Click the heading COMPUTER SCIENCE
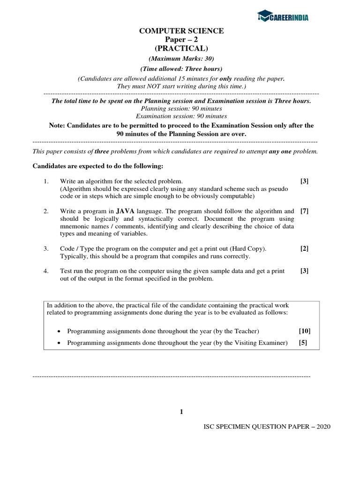pyautogui.click(x=181, y=31)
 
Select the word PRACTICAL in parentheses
pyautogui.click(x=181, y=48)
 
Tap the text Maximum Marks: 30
pyautogui.click(x=181, y=59)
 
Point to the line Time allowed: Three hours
pyautogui.click(x=181, y=69)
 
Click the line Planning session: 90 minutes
pyautogui.click(x=181, y=108)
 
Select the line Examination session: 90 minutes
pyautogui.click(x=181, y=116)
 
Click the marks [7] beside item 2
pyautogui.click(x=304, y=211)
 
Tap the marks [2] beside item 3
pyautogui.click(x=304, y=248)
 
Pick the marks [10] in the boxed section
pyautogui.click(x=304, y=331)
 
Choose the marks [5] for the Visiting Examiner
pyautogui.click(x=303, y=343)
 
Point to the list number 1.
pyautogui.click(x=46, y=181)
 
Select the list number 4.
pyautogui.click(x=46, y=271)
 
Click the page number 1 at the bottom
pyautogui.click(x=181, y=412)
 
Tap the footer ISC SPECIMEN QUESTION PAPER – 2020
pyautogui.click(x=267, y=427)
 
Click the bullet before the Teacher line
pyautogui.click(x=58, y=331)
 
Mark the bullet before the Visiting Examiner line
pyautogui.click(x=58, y=343)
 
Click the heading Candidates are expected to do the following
pyautogui.click(x=97, y=166)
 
